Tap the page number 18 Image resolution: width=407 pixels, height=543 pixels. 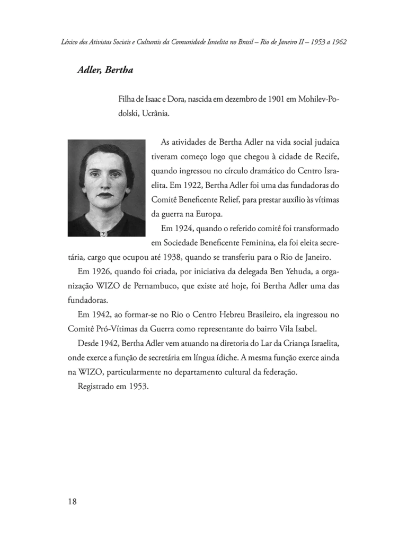tap(73, 502)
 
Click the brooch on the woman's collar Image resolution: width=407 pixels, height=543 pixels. tap(104, 233)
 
